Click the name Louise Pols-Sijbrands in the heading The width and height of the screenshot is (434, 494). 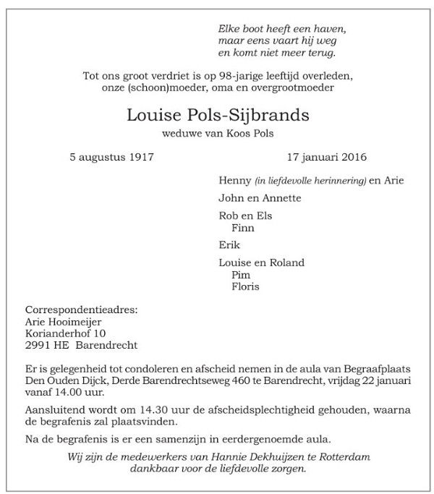click(x=217, y=115)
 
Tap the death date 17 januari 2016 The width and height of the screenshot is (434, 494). click(x=326, y=156)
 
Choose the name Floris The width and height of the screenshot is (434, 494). click(x=245, y=286)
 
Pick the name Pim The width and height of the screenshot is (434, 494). click(x=240, y=275)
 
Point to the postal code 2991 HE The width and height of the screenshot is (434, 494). click(x=46, y=345)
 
